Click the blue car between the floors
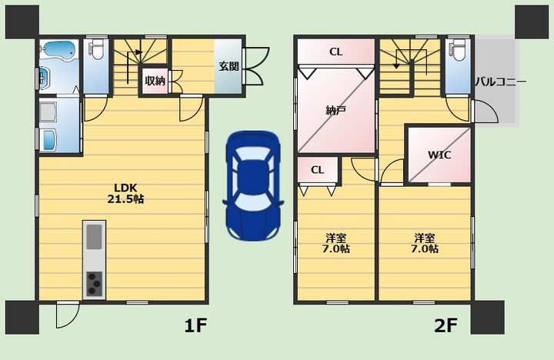pyautogui.click(x=253, y=186)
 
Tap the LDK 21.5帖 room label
pyautogui.click(x=125, y=194)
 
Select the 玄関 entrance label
pyautogui.click(x=229, y=66)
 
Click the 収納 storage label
pyautogui.click(x=155, y=81)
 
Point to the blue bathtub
pyautogui.click(x=58, y=49)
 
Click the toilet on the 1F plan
pyautogui.click(x=96, y=48)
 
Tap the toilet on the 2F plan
pyautogui.click(x=459, y=50)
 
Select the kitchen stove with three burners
pyautogui.click(x=95, y=284)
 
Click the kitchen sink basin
pyautogui.click(x=95, y=237)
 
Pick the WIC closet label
pyautogui.click(x=439, y=155)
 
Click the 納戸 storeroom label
pyautogui.click(x=335, y=111)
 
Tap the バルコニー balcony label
pyautogui.click(x=500, y=82)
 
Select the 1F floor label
pyautogui.click(x=195, y=325)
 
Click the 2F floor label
pyautogui.click(x=446, y=325)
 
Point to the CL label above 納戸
pyautogui.click(x=335, y=52)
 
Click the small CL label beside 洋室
pyautogui.click(x=317, y=170)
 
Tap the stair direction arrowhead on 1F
pyautogui.click(x=138, y=52)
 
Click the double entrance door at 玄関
pyautogui.click(x=256, y=66)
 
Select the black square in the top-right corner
pyautogui.click(x=532, y=22)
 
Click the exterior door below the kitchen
pyautogui.click(x=68, y=315)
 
